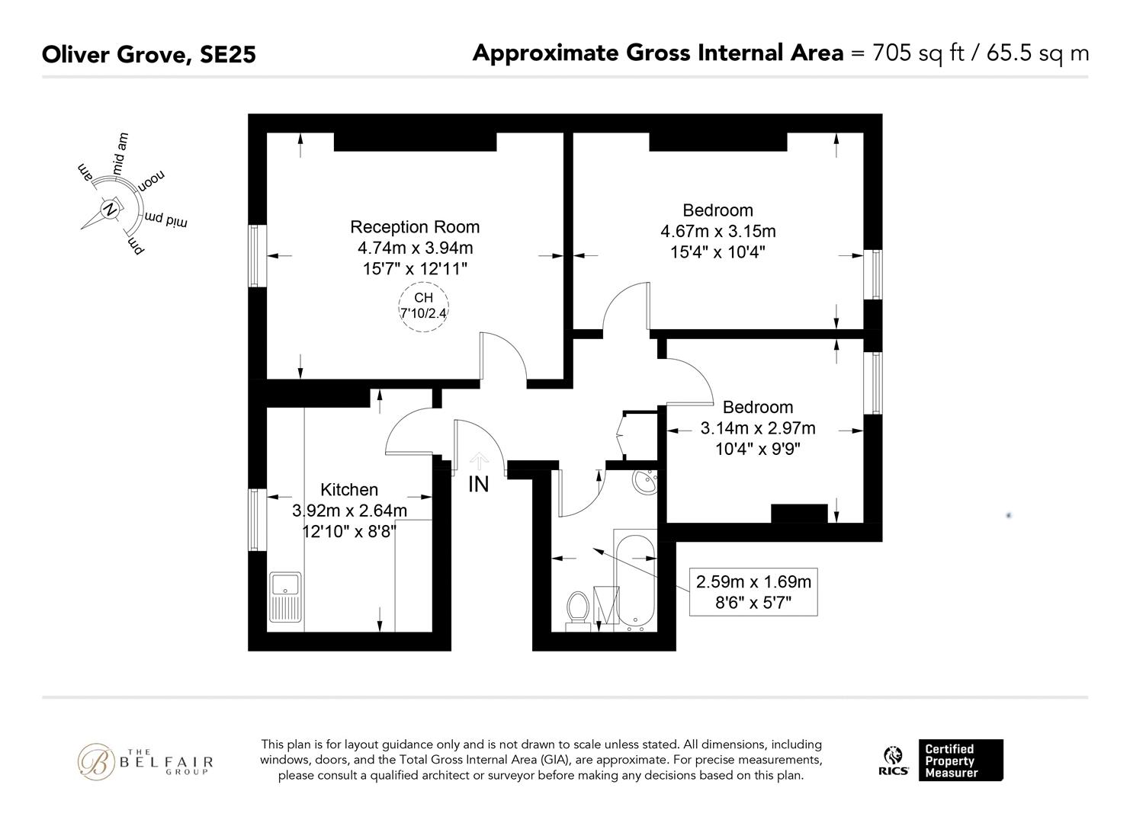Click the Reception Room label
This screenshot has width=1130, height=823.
coord(415,227)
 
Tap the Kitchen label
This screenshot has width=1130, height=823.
coord(349,489)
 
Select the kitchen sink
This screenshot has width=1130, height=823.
coord(285,597)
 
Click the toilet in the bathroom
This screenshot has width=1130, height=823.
coord(578,610)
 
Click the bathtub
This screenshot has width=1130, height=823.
coord(635,581)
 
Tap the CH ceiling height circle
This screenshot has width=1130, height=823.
coord(424,306)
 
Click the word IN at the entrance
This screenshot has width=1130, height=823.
coord(478,484)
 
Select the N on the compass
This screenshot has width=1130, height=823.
coord(109,209)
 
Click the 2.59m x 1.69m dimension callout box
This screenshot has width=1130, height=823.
coord(753,592)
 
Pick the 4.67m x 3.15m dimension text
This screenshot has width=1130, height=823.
coord(717,231)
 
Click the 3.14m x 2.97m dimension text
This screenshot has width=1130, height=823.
coord(758,428)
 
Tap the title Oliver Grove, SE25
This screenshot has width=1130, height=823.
coord(149,54)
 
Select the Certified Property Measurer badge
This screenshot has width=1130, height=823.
coord(961,760)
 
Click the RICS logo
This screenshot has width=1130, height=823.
coord(894,761)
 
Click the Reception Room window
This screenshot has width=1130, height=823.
coord(257,256)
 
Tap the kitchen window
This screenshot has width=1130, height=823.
coord(257,520)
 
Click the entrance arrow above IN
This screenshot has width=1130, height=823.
coord(479,462)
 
